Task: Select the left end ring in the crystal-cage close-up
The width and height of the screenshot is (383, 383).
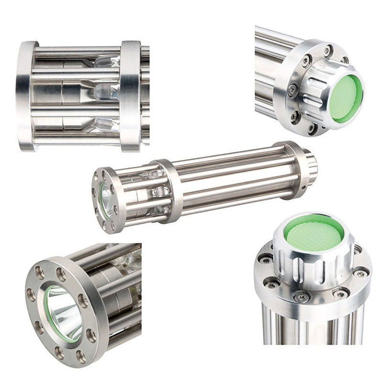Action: coord(26,96)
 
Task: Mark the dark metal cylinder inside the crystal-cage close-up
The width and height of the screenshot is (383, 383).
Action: coord(72,91)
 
